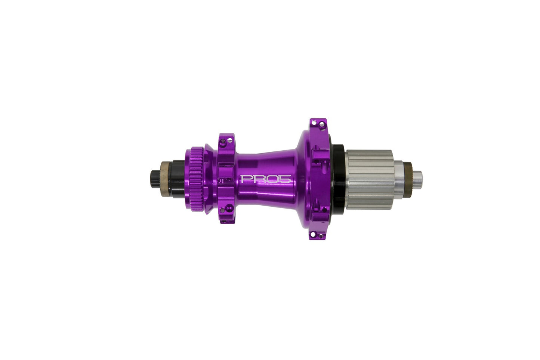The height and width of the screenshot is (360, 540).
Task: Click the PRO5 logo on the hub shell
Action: pos(266,179)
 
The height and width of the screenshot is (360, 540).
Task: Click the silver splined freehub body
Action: pos(368,179)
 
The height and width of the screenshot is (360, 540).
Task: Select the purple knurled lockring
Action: pos(197,179)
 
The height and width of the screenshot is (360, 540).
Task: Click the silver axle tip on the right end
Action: pos(417,176)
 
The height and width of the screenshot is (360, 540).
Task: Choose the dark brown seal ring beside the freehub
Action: pos(408,175)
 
